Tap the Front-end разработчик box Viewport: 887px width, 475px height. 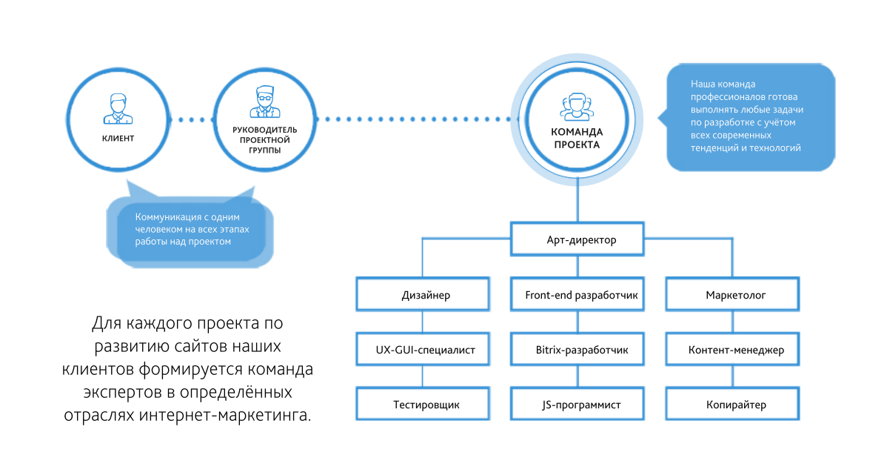(581, 295)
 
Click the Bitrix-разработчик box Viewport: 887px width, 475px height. (581, 349)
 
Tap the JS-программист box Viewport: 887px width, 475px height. (581, 405)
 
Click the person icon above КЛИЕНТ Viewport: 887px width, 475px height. (118, 108)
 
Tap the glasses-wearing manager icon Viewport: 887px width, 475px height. (264, 102)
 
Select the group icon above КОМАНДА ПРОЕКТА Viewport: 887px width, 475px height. (576, 108)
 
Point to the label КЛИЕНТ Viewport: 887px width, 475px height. (118, 139)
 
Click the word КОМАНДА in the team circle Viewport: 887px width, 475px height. (577, 133)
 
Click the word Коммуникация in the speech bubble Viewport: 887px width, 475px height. (167, 217)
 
